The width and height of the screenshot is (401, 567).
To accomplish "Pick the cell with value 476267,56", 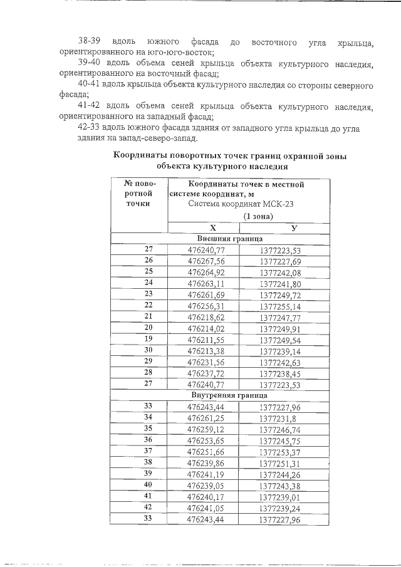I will (x=206, y=261).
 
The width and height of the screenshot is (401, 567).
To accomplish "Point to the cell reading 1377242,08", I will (x=281, y=272).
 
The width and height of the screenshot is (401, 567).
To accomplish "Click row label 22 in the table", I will (x=148, y=305).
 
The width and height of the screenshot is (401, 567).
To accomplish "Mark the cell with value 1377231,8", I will (x=278, y=418).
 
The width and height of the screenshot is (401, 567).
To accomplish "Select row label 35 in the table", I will (x=148, y=429).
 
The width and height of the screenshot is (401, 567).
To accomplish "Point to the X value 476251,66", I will (x=206, y=451).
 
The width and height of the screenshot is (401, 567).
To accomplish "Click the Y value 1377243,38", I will (x=281, y=485).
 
